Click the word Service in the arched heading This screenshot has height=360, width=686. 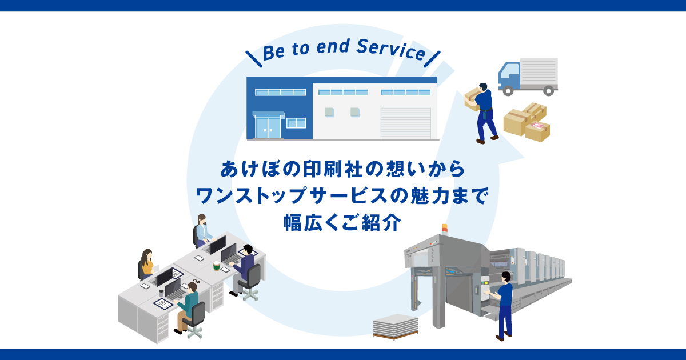(391, 50)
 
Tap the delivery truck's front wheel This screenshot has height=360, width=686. (508, 91)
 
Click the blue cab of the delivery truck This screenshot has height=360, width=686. (509, 76)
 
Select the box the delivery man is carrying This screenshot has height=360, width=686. (472, 99)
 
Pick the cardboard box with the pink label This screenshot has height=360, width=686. (537, 131)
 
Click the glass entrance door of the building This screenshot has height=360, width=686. (268, 127)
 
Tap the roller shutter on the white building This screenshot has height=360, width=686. (406, 123)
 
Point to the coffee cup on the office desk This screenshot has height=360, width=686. (217, 265)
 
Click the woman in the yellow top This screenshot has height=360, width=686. (147, 263)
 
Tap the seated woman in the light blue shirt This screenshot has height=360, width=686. (202, 230)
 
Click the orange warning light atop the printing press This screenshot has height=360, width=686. (445, 229)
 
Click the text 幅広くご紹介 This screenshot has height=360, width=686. (342, 222)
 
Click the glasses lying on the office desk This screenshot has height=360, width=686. (196, 281)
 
